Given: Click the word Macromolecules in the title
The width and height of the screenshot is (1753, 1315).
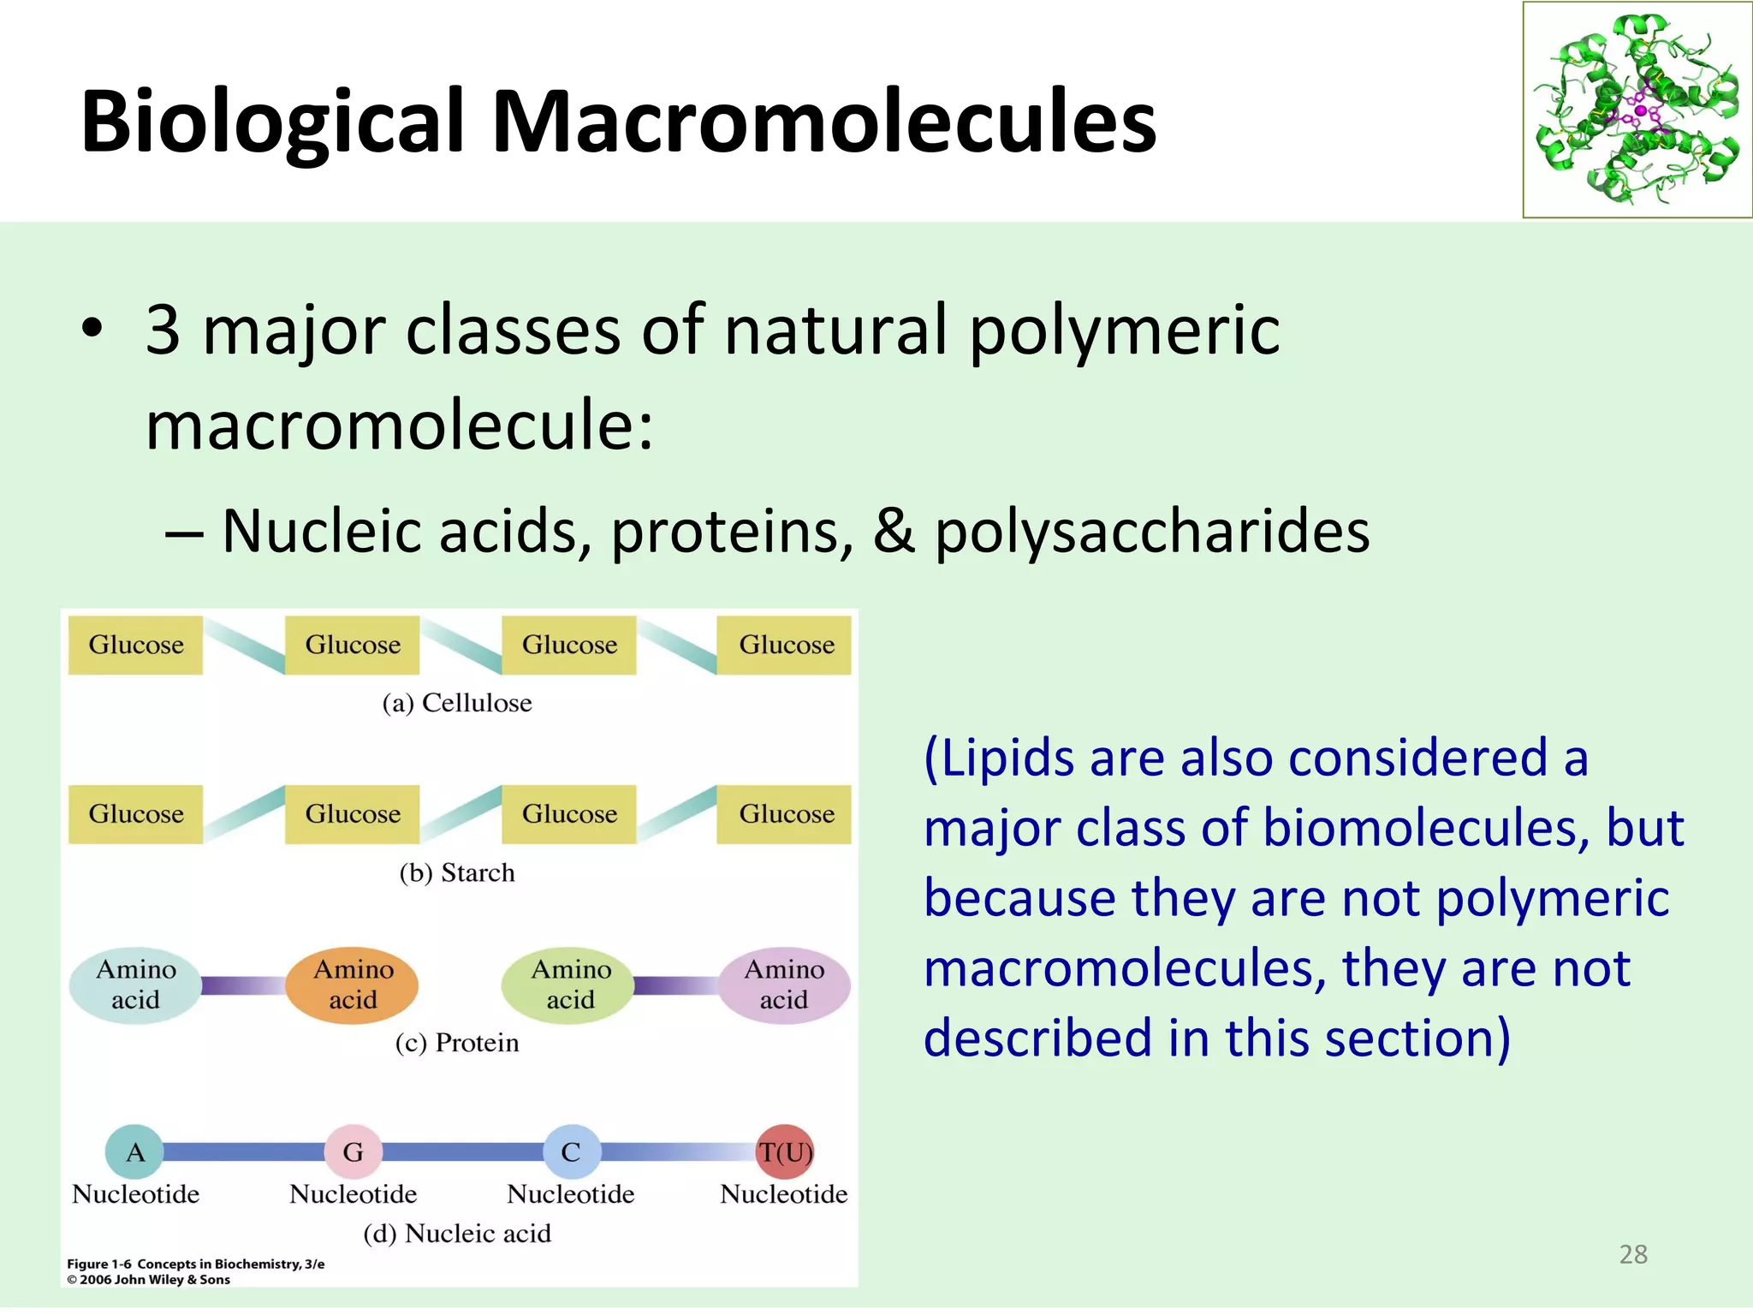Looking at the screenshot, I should click(823, 122).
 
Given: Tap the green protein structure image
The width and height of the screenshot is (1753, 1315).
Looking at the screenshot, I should click(1637, 110).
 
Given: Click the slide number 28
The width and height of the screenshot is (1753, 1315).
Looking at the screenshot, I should click(1633, 1254).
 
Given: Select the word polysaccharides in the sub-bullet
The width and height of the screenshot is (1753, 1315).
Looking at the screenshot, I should click(1151, 532).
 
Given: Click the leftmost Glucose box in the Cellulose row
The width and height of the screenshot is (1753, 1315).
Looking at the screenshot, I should click(136, 645).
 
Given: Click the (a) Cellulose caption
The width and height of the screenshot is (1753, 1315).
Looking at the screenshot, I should click(457, 703).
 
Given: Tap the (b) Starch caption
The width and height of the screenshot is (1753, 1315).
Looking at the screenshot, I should click(457, 872).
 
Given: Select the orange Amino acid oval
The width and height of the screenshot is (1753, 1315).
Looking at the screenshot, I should click(353, 985).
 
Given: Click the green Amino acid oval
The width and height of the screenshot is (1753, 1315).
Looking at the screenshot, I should click(569, 985).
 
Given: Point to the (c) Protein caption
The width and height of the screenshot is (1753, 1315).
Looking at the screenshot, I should click(457, 1043).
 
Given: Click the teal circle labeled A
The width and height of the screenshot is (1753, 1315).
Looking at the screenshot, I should click(134, 1151).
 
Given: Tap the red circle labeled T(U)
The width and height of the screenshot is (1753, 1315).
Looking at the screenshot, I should click(784, 1151).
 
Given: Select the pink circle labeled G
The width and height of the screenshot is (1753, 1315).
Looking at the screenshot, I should click(353, 1151).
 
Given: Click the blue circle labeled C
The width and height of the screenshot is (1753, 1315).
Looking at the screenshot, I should click(571, 1151).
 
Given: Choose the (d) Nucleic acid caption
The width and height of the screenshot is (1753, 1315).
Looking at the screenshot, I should click(457, 1234).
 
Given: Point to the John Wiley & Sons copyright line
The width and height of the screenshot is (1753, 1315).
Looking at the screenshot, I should click(150, 1280).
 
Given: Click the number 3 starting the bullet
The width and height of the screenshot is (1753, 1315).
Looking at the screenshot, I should click(163, 330).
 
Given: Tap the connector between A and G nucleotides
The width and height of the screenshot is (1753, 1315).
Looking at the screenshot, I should click(244, 1151).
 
